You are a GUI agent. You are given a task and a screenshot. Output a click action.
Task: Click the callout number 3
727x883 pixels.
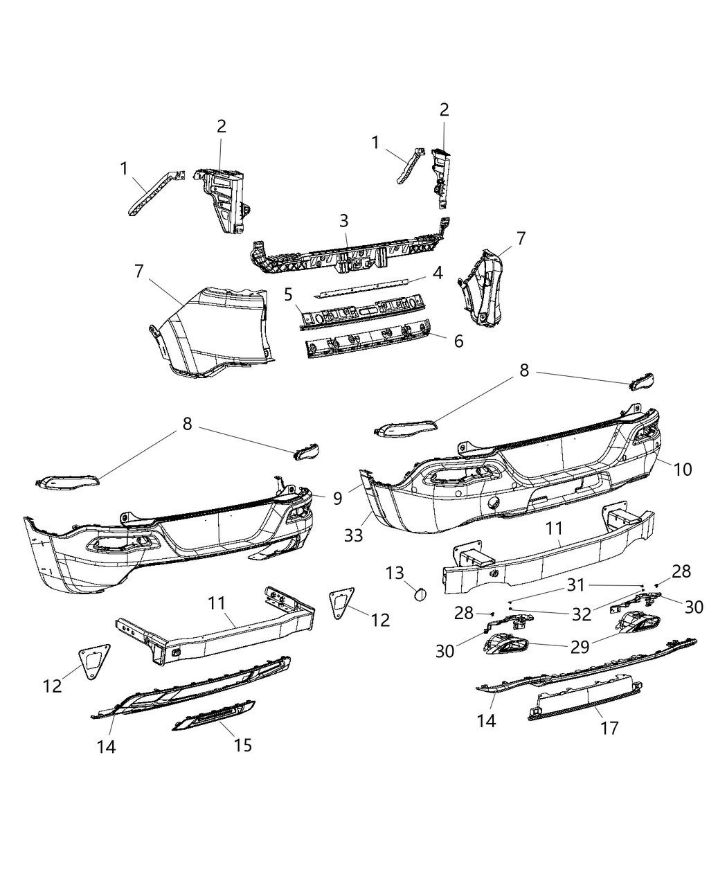pyautogui.click(x=344, y=221)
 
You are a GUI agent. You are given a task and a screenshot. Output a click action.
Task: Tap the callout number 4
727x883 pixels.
pyautogui.click(x=438, y=273)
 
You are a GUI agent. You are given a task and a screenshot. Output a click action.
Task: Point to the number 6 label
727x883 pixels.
pyautogui.click(x=458, y=341)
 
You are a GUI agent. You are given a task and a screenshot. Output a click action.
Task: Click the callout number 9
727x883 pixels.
pyautogui.click(x=337, y=499)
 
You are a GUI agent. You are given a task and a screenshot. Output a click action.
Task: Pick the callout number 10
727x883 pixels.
pyautogui.click(x=683, y=469)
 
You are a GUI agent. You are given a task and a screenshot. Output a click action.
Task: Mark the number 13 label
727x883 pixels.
pyautogui.click(x=395, y=573)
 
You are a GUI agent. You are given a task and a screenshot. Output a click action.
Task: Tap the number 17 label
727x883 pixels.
pyautogui.click(x=610, y=727)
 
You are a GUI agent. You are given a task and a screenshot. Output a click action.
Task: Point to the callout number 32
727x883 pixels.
pyautogui.click(x=582, y=614)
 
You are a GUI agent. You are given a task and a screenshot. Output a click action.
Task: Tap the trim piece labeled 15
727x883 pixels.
pyautogui.click(x=213, y=714)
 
